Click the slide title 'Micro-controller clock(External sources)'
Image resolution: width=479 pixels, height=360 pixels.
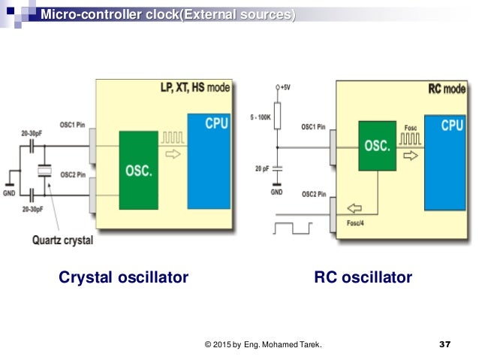click(167, 14)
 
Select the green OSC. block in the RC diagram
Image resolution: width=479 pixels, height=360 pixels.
click(376, 146)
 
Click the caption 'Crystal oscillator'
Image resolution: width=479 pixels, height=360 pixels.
click(123, 278)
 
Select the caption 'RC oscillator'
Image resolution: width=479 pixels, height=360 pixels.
click(363, 278)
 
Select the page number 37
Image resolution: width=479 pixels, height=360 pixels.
click(444, 345)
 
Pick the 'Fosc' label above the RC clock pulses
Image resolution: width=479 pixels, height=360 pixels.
click(409, 128)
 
